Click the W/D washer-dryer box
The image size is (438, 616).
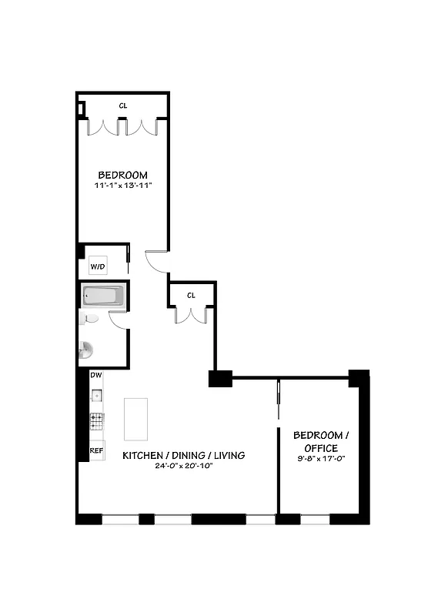[98, 266]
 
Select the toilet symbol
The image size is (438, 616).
[89, 318]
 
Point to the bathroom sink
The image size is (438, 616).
[85, 350]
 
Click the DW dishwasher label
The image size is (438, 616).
[96, 375]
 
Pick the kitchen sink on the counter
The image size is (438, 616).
[97, 397]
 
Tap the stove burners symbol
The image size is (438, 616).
[97, 421]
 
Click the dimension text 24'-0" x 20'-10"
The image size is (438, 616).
[183, 466]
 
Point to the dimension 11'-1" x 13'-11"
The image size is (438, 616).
[122, 186]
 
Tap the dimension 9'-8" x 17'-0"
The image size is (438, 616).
[315, 459]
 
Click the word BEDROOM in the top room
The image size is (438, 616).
[122, 175]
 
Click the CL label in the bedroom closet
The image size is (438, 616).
[123, 105]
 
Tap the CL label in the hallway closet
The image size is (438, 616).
[191, 294]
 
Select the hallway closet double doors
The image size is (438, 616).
[191, 314]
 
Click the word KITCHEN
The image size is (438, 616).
[144, 455]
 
